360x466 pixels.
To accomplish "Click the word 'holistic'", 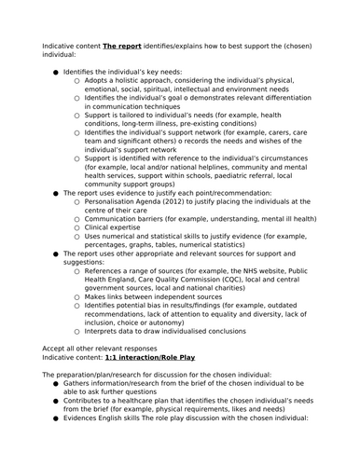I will pyautogui.click(x=127, y=82).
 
